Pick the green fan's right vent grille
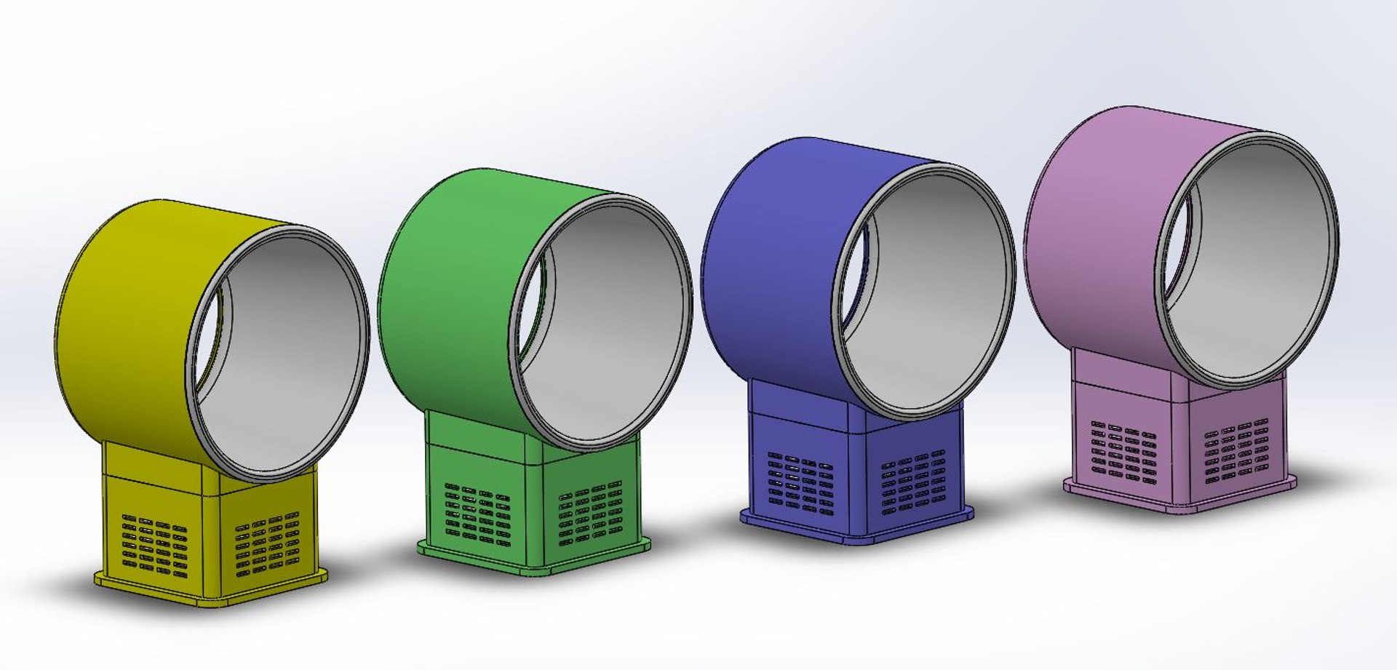(590, 511)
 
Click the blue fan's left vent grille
(800, 482)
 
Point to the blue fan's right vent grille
(913, 481)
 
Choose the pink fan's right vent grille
(1236, 450)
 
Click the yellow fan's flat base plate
(211, 596)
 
